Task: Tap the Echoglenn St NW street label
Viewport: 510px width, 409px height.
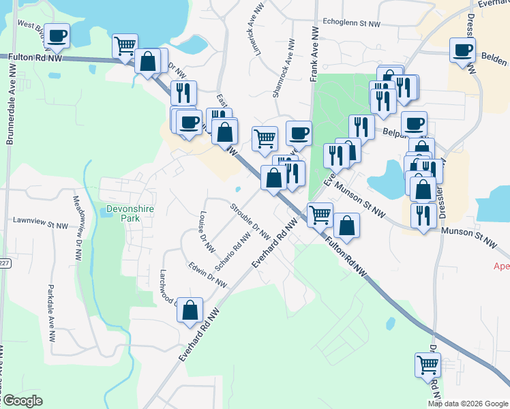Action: [351, 23]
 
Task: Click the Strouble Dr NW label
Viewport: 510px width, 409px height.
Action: [250, 222]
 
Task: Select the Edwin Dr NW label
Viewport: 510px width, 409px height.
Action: [208, 274]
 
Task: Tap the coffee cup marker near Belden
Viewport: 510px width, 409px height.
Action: [463, 50]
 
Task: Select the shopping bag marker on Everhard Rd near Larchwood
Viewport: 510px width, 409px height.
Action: [190, 310]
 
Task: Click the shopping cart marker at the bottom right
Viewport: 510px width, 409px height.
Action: [427, 365]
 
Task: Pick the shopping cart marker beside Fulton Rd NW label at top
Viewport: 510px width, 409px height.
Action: [125, 46]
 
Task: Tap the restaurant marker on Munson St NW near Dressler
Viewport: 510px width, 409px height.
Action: [423, 215]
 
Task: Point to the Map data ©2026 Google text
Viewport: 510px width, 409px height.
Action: [468, 404]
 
